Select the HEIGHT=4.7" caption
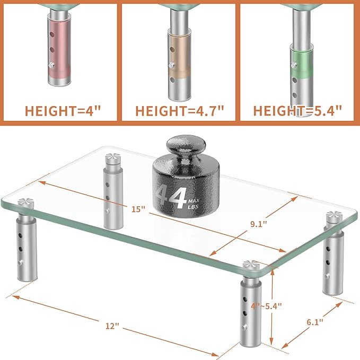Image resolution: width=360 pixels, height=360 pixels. (180, 112)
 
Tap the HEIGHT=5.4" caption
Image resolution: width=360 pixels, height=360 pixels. (297, 112)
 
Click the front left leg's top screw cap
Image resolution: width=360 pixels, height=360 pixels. (24, 203)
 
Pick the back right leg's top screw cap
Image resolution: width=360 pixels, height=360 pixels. (334, 214)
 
